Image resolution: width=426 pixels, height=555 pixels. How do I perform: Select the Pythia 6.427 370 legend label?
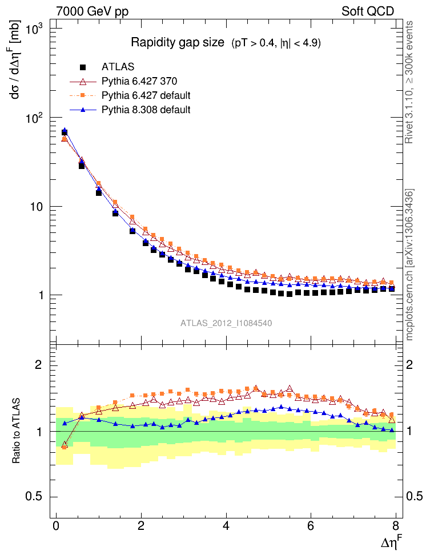pyautogui.click(x=138, y=81)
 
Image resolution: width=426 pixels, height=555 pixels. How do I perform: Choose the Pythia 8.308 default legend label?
pyautogui.click(x=146, y=108)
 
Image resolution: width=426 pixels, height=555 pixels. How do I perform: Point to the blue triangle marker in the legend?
pyautogui.click(x=84, y=108)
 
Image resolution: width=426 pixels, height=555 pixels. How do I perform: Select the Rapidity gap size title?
pyautogui.click(x=177, y=42)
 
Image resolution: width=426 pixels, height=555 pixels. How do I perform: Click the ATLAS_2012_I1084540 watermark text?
pyautogui.click(x=226, y=323)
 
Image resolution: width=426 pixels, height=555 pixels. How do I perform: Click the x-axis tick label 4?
pyautogui.click(x=227, y=526)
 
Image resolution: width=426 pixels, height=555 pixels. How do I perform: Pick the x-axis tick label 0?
pyautogui.click(x=56, y=526)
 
